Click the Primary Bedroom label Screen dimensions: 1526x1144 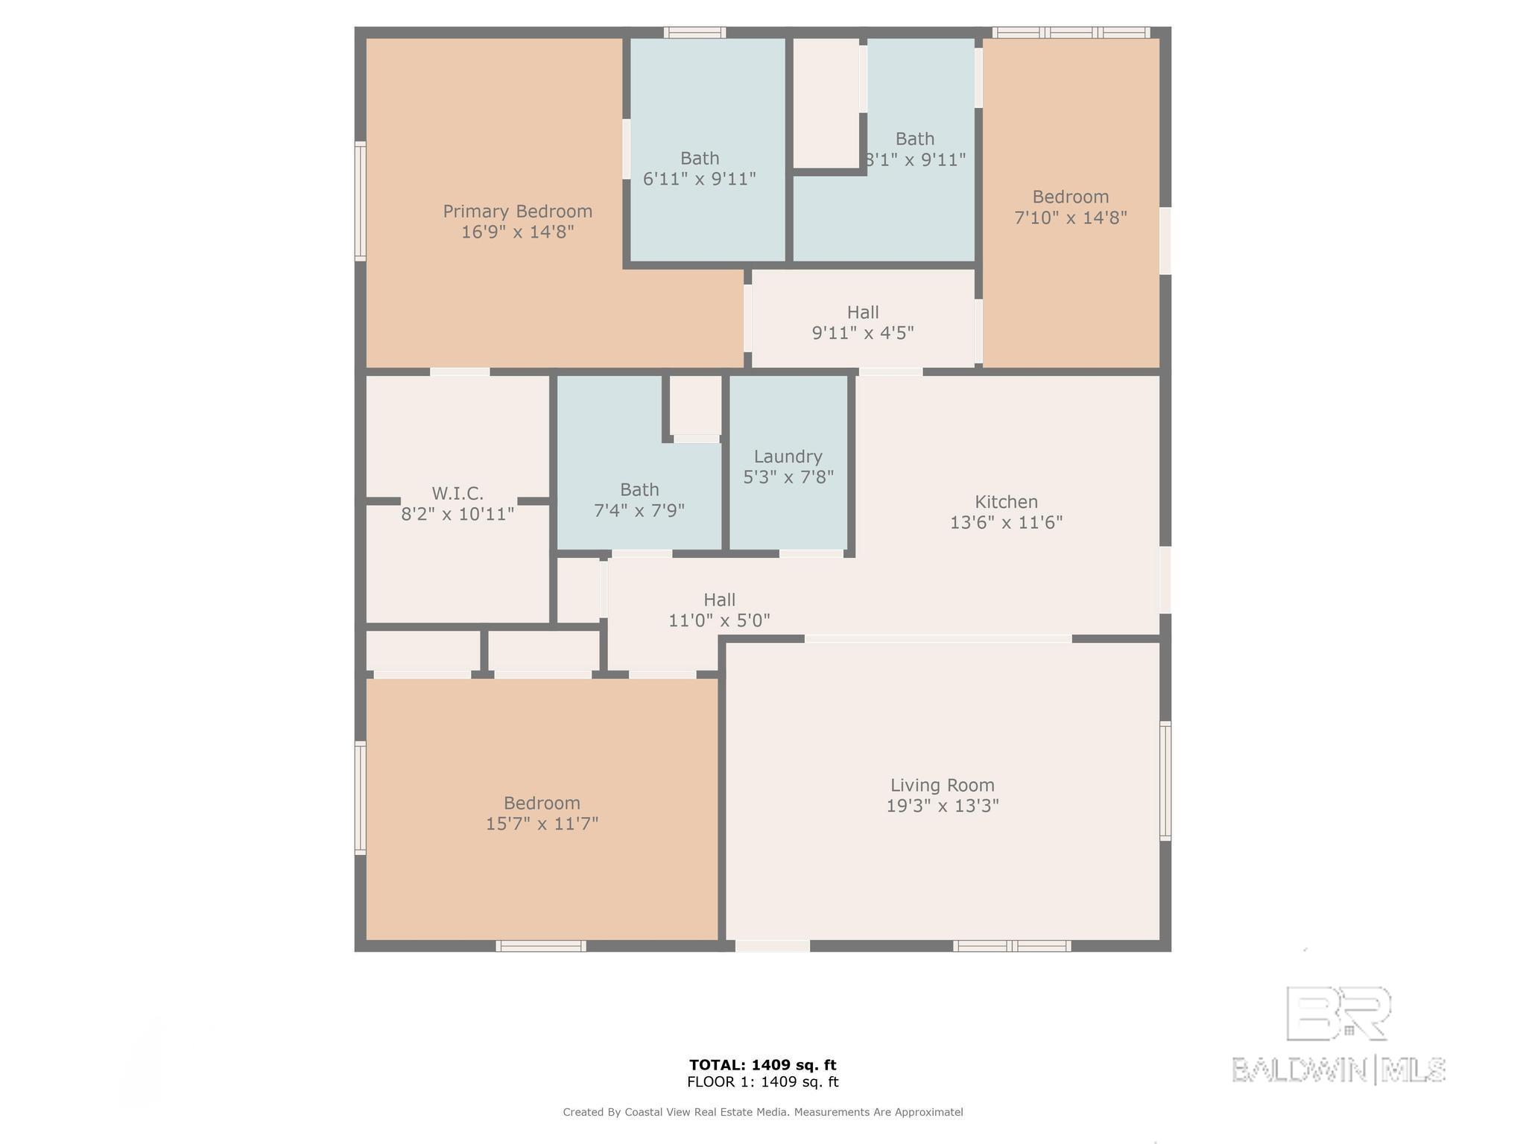pyautogui.click(x=518, y=212)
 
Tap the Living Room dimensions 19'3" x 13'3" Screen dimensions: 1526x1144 pyautogui.click(x=943, y=806)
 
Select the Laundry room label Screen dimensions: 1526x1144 pyautogui.click(x=788, y=457)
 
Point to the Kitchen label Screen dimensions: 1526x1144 pyautogui.click(x=1007, y=502)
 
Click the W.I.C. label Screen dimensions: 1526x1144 pyautogui.click(x=458, y=493)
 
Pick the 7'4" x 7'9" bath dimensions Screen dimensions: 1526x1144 pyautogui.click(x=639, y=511)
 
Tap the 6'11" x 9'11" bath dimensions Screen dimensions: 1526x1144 pyautogui.click(x=700, y=179)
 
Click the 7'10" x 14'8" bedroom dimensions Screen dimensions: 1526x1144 pyautogui.click(x=1071, y=217)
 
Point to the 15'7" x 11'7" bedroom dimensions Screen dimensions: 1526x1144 pyautogui.click(x=542, y=824)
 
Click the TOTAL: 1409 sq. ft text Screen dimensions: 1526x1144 pyautogui.click(x=763, y=1065)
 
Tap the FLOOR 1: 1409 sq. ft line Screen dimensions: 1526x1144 pyautogui.click(x=763, y=1082)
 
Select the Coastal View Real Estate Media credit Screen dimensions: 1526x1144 pyautogui.click(x=763, y=1112)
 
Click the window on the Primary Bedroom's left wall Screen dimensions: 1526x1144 pyautogui.click(x=360, y=201)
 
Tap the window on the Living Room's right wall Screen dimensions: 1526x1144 pyautogui.click(x=1165, y=781)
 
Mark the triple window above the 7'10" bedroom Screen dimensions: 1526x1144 pyautogui.click(x=1071, y=33)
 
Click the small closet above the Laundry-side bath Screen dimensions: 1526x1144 pyautogui.click(x=696, y=407)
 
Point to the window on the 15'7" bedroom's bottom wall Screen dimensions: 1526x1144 pyautogui.click(x=541, y=946)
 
